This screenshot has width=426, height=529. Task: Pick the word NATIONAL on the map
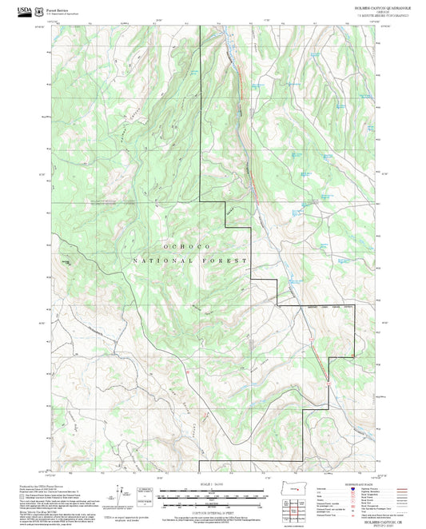click(159, 261)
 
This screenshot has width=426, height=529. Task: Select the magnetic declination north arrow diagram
click(122, 493)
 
